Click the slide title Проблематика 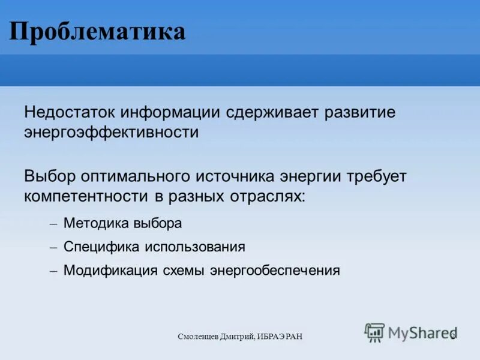97,31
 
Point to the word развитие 359,113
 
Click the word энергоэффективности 112,132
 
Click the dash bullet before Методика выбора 53,224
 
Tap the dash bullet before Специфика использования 53,247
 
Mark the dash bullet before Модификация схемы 53,271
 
